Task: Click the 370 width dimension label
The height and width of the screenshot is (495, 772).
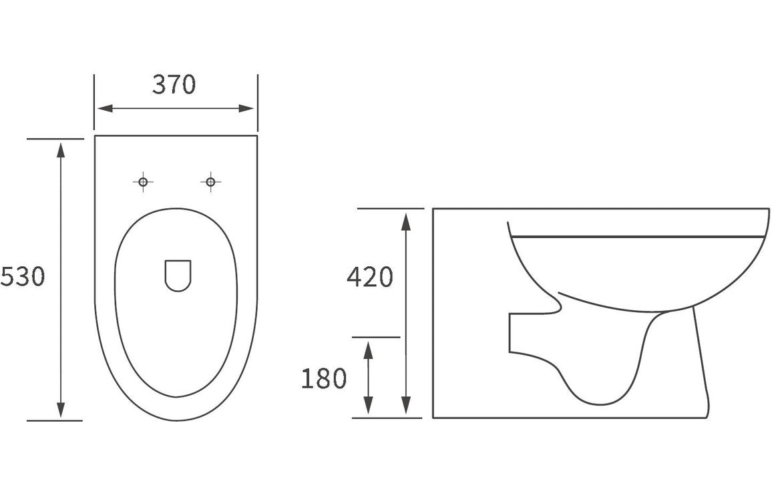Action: [174, 85]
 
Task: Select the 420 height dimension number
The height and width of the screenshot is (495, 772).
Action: [370, 276]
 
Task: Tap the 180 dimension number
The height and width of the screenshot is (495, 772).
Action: [324, 378]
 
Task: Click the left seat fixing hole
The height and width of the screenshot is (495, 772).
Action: [142, 181]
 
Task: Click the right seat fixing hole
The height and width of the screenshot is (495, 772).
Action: [210, 181]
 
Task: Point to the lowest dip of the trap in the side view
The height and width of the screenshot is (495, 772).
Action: [598, 403]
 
